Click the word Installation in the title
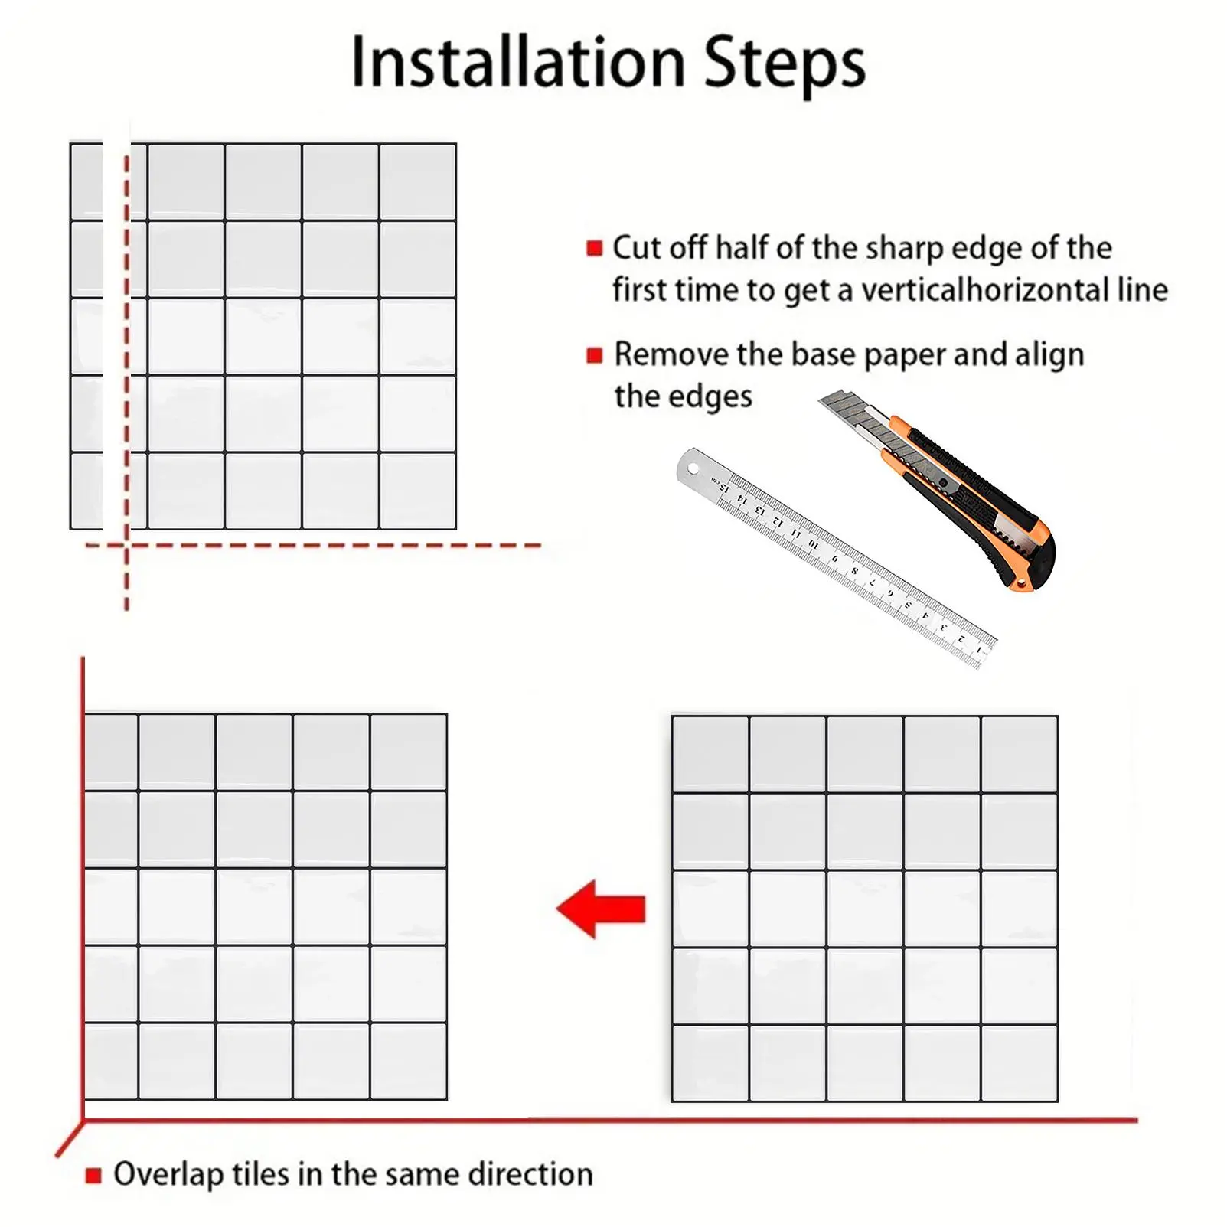[518, 62]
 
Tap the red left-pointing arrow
[601, 909]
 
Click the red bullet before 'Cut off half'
[595, 248]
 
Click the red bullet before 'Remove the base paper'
[595, 355]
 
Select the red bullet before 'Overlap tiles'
[93, 1175]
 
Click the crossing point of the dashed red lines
[126, 545]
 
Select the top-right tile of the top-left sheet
[418, 182]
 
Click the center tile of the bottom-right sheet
[865, 909]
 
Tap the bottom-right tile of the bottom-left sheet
[409, 1061]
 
